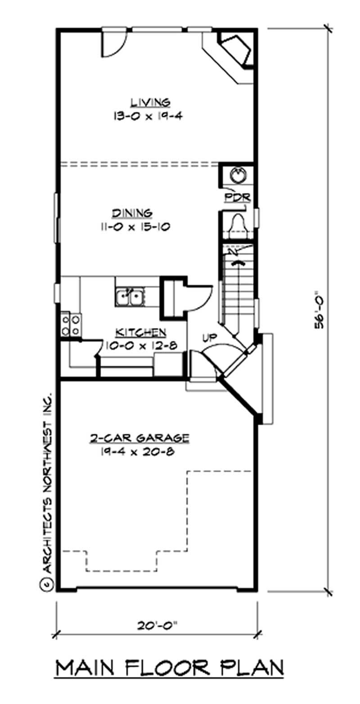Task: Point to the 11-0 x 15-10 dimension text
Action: [x=135, y=227]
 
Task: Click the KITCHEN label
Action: [x=141, y=333]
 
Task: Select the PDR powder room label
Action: [x=234, y=198]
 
